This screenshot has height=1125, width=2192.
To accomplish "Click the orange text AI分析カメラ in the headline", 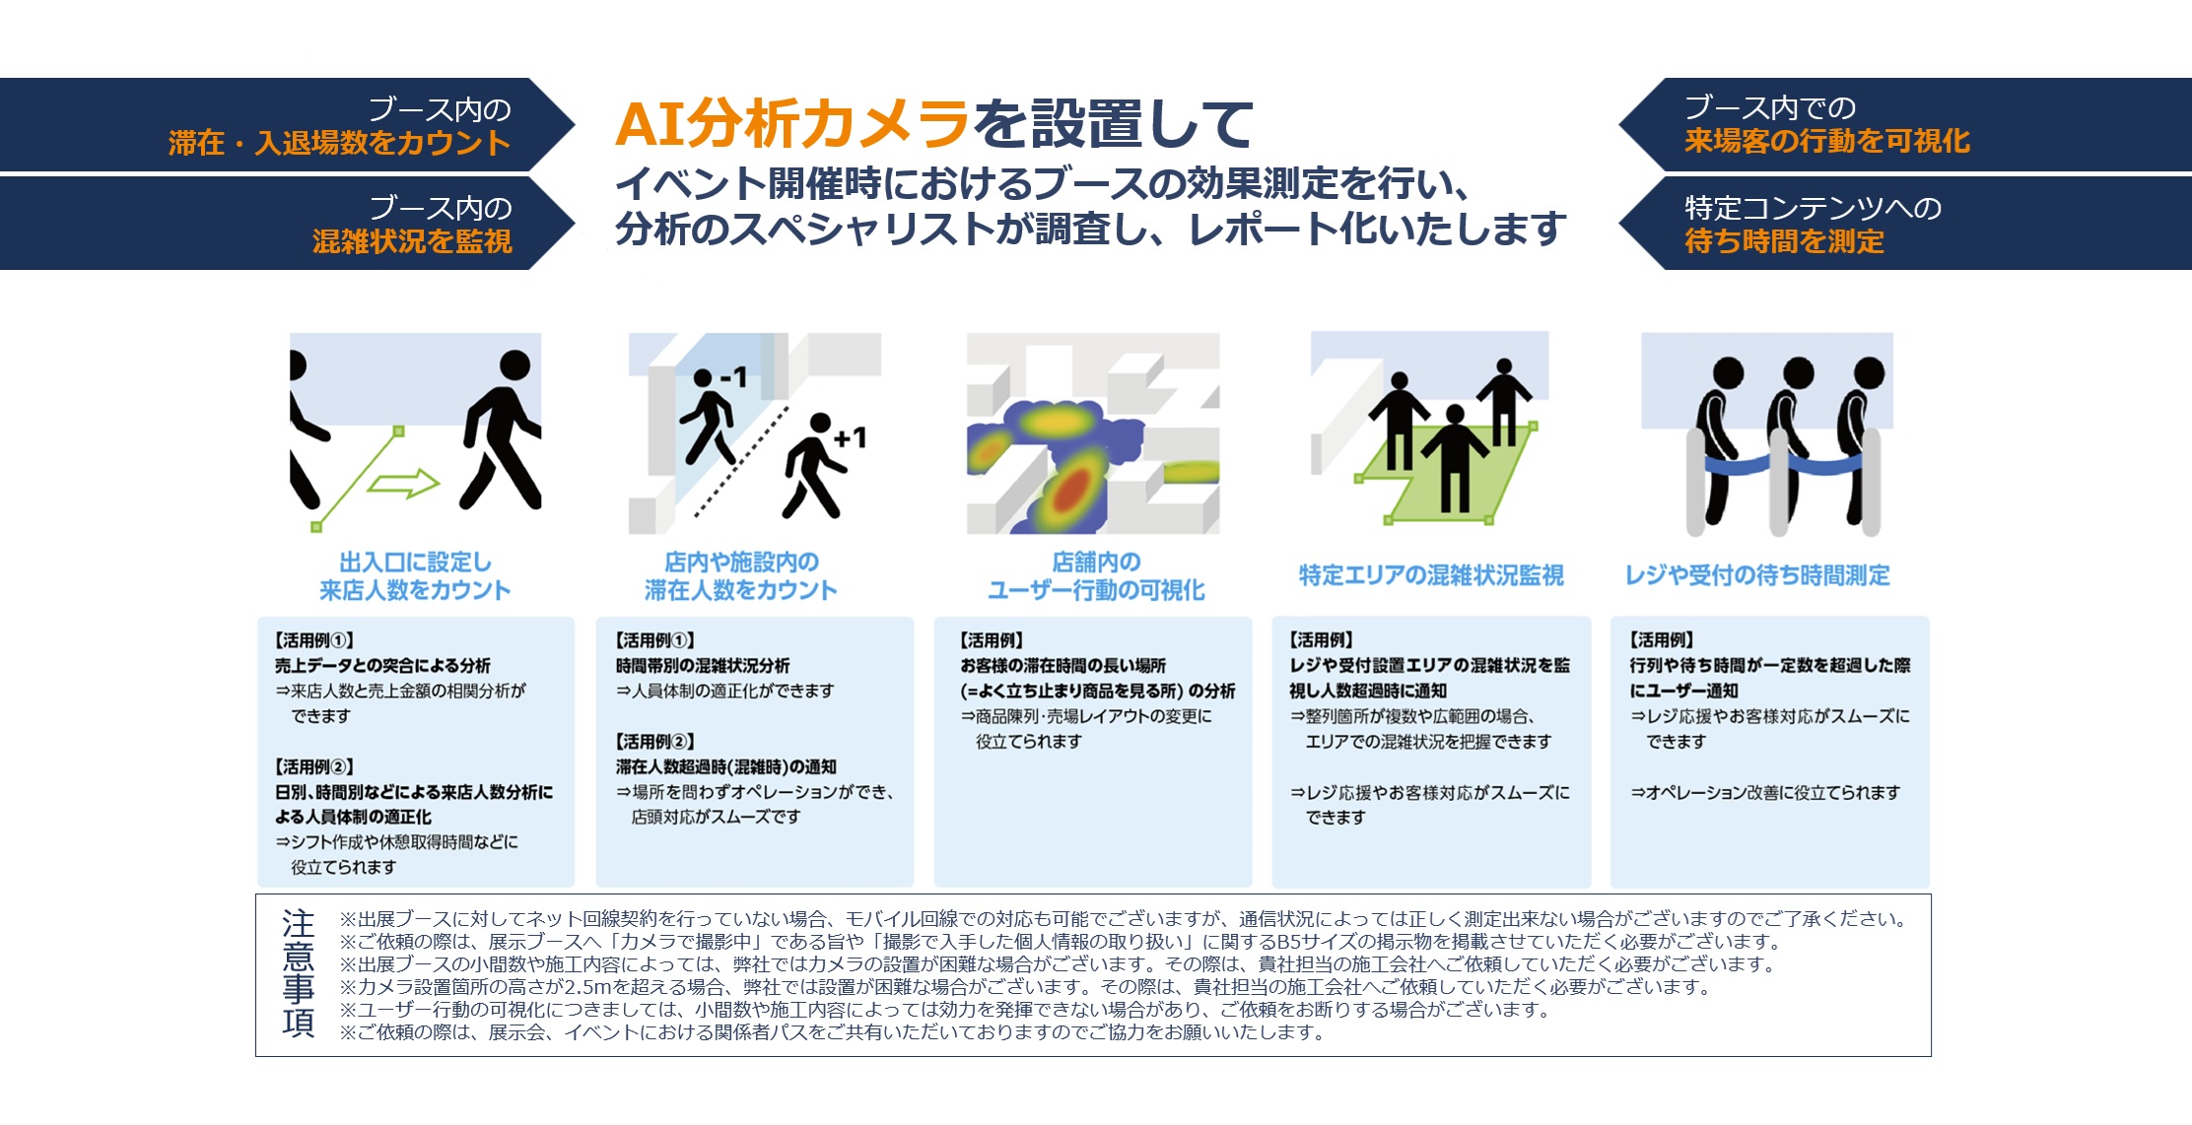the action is point(792,124).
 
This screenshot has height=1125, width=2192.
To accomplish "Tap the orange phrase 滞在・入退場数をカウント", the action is point(340,143).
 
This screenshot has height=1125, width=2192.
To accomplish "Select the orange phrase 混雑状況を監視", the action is point(412,241).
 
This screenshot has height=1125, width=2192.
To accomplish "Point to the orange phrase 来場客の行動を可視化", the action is point(1827,141).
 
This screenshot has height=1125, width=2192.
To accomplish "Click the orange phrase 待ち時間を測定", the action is point(1784,241).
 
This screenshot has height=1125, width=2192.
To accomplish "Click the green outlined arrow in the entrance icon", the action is point(403,484).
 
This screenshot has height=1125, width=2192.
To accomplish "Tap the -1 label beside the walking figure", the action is point(734,376).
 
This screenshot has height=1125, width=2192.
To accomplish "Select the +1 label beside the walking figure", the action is point(850,437).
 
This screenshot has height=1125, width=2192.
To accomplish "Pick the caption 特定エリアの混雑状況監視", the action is point(1431,575).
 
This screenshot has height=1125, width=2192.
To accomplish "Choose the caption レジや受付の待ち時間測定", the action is point(1757,575).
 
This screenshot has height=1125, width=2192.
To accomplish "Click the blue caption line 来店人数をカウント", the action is point(415,590).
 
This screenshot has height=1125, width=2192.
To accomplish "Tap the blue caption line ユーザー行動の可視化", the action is point(1096,590).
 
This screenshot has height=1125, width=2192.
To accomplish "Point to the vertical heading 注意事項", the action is point(298,973).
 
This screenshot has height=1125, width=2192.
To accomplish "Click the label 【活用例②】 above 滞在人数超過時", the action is point(654,741).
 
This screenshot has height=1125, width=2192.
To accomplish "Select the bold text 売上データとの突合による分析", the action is point(382,666).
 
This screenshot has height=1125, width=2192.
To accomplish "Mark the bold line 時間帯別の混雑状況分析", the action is point(703,666).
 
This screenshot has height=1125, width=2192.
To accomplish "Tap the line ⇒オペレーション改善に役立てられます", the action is point(1764,792).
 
